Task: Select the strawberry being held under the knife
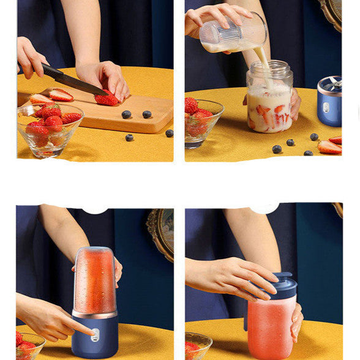pyautogui.click(x=107, y=99)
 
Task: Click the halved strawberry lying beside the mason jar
pyautogui.click(x=329, y=147)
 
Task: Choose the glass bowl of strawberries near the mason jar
pyautogui.click(x=201, y=123)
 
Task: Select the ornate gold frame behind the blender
pyautogui.click(x=160, y=233)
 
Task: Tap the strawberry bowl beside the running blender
pyautogui.click(x=28, y=347)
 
